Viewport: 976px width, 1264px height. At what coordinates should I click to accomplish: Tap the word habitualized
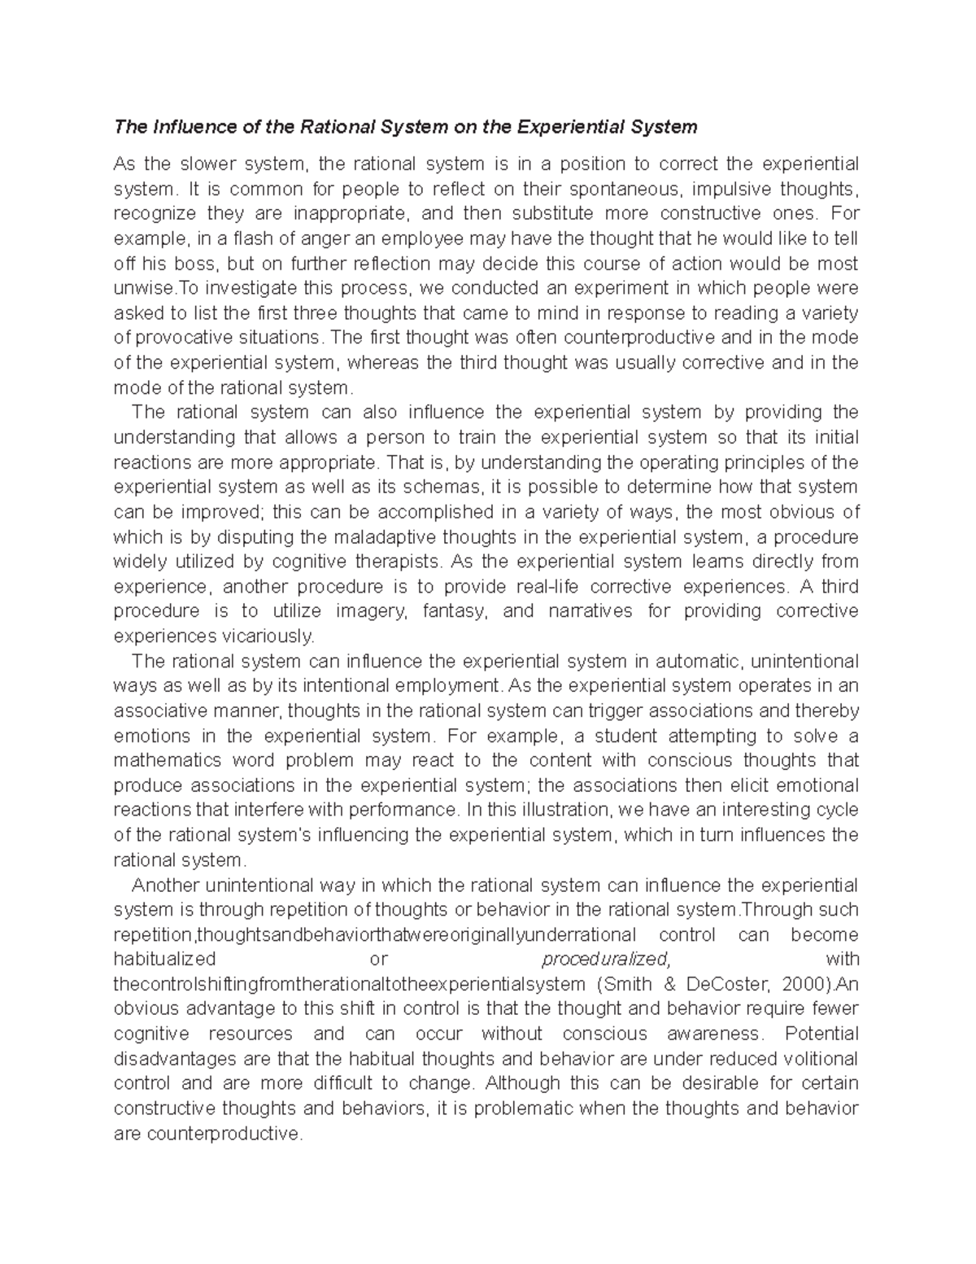pyautogui.click(x=164, y=959)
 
